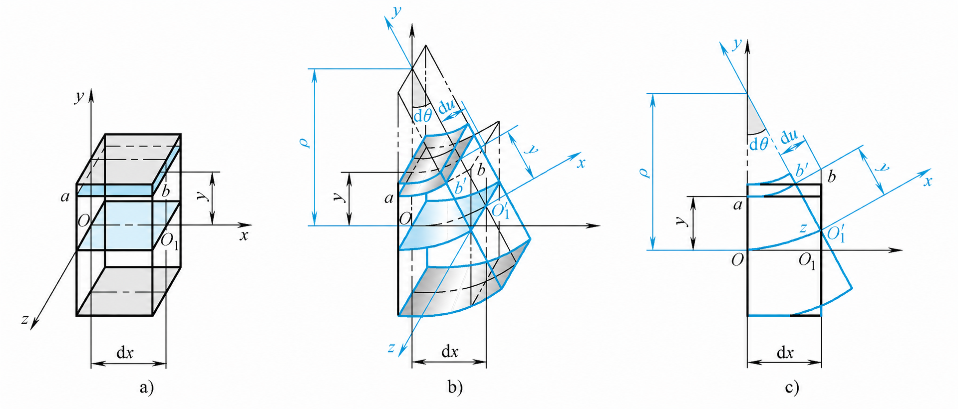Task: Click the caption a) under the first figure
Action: pos(146,387)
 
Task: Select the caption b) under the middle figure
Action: pos(455,387)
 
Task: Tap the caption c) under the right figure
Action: pos(792,387)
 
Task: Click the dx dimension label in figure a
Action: pos(125,353)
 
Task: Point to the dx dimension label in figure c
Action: pos(785,353)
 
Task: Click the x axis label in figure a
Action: pos(244,235)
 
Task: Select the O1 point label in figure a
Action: pos(169,241)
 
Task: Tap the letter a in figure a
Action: pos(65,197)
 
